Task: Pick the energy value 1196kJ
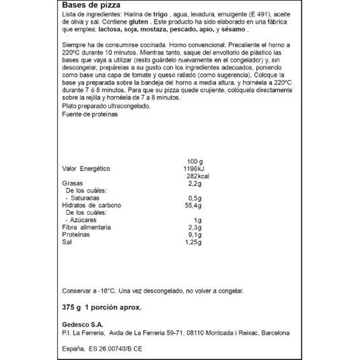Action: [x=197, y=169]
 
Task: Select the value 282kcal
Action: [x=198, y=176]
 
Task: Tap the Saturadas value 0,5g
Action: [x=195, y=198]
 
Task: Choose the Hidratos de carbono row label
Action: [x=91, y=205]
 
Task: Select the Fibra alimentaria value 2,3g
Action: [x=195, y=227]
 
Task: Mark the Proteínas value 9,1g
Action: [x=195, y=235]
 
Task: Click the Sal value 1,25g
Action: [x=194, y=242]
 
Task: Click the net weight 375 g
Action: [x=71, y=308]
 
